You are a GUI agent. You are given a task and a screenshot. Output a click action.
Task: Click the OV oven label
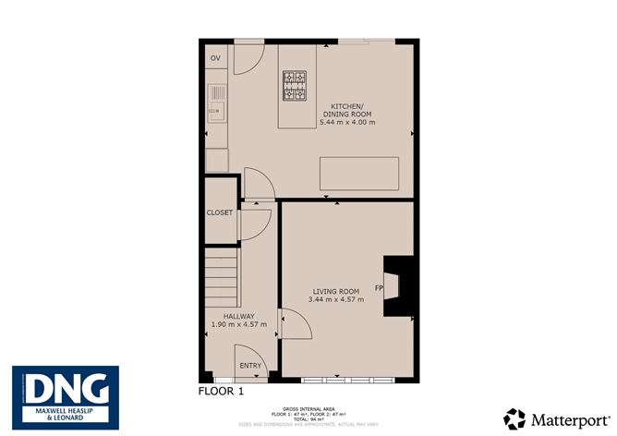coord(215,58)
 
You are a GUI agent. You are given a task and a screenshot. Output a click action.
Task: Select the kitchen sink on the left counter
coord(217,103)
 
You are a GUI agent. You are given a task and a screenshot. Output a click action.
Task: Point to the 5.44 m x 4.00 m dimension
coord(346,122)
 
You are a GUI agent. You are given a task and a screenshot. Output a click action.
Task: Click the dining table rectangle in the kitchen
coord(359,174)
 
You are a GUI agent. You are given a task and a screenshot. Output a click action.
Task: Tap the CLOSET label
coord(220,212)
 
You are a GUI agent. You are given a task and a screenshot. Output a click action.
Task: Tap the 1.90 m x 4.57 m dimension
coord(237,324)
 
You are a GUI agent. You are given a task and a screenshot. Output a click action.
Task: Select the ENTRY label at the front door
coord(250,366)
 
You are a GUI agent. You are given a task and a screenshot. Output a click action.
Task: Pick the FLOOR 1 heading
coord(223,392)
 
